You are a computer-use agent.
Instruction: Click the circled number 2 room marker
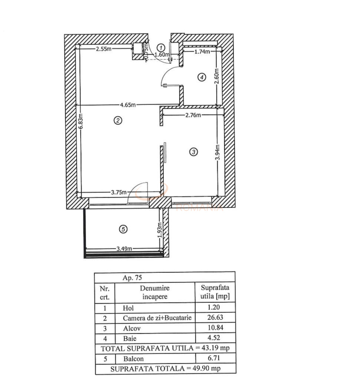click(118, 120)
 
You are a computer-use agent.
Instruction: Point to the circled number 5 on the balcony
click(123, 229)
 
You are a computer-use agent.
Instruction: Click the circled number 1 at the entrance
click(161, 47)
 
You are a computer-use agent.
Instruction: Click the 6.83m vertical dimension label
click(80, 121)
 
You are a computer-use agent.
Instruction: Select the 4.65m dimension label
click(128, 105)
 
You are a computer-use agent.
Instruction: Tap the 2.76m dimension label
click(193, 115)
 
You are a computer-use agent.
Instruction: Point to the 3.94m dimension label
click(218, 152)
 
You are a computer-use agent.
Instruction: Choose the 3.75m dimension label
click(119, 192)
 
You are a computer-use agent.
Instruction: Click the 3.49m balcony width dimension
click(124, 249)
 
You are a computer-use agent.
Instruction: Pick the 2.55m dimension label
click(103, 49)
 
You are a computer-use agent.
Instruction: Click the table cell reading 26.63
click(215, 318)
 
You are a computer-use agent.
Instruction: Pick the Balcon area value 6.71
click(215, 358)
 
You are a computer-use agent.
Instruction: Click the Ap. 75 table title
click(132, 277)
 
